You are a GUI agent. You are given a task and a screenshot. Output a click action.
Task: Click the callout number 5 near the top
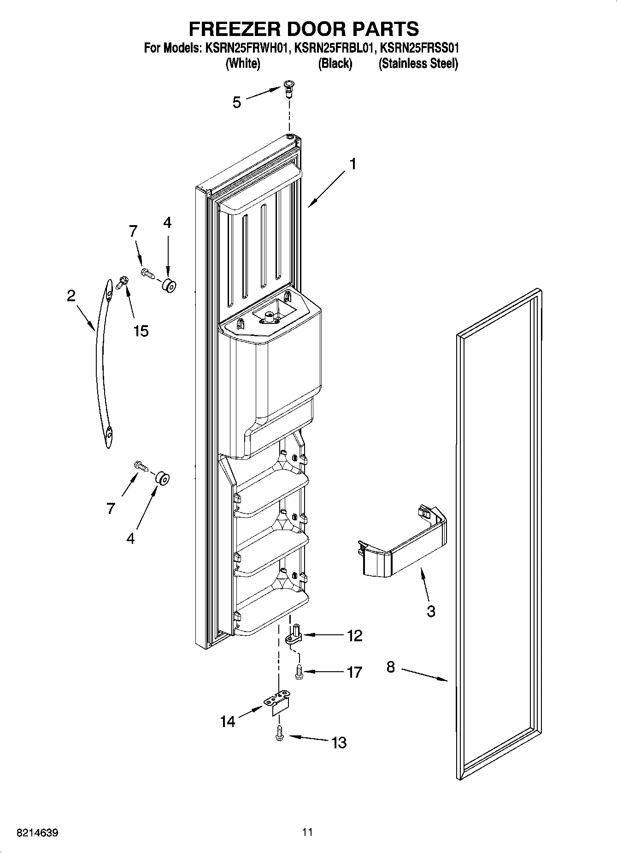point(236,102)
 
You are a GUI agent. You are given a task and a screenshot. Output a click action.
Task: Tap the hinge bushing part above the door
point(289,88)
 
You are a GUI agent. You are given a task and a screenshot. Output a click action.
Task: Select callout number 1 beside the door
point(353,164)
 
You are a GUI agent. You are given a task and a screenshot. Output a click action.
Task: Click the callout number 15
point(141,331)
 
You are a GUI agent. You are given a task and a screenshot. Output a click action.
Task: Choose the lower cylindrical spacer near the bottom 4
point(162,478)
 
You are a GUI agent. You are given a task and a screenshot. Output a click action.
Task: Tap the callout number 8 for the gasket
point(390,668)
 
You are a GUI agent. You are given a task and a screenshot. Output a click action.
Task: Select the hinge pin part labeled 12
point(294,634)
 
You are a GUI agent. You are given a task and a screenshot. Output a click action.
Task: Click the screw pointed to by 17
point(298,671)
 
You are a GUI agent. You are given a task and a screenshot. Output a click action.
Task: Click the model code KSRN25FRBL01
point(333,48)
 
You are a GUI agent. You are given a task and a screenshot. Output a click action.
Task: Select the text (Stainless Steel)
point(418,64)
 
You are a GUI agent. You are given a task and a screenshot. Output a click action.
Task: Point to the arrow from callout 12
point(323,635)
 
